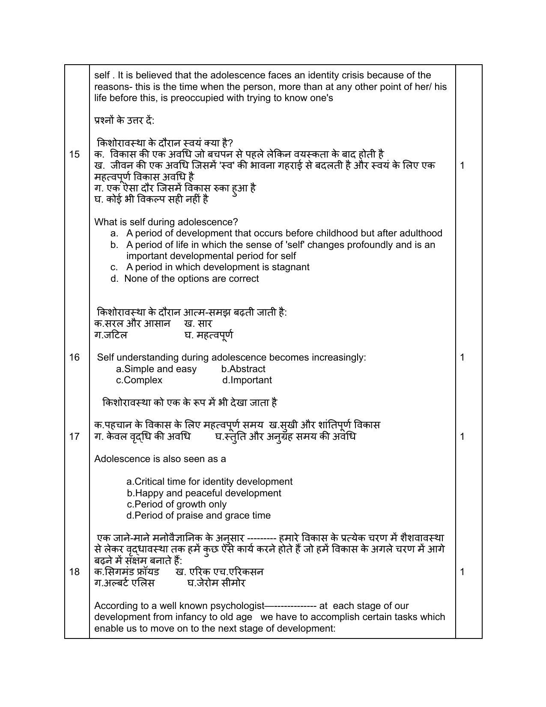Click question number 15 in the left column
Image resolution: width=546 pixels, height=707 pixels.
pos(75,154)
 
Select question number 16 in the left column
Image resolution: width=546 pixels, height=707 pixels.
pos(75,357)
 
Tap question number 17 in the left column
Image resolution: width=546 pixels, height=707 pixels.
pos(75,436)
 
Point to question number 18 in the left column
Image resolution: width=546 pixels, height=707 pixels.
pos(75,572)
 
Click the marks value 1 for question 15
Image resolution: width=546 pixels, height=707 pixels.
pos(462,165)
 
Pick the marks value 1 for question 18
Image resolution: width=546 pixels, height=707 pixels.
pos(462,572)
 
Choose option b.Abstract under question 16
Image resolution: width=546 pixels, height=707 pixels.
pos(243,369)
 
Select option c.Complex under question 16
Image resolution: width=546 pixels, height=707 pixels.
pos(139,380)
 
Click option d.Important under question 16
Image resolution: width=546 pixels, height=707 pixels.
pos(247,380)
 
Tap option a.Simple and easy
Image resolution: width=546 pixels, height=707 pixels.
pos(156,369)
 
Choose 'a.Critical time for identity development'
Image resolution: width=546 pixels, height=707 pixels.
pos(209,481)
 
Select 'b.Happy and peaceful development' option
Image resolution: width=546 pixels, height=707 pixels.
pos(204,493)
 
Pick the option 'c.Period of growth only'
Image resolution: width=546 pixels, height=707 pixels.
pos(176,504)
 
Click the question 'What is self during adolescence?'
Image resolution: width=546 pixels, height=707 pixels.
pos(166,222)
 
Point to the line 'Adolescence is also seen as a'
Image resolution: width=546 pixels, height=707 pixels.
pos(160,459)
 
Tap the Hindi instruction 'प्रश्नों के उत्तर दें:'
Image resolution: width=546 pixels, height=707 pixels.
pos(124,120)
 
